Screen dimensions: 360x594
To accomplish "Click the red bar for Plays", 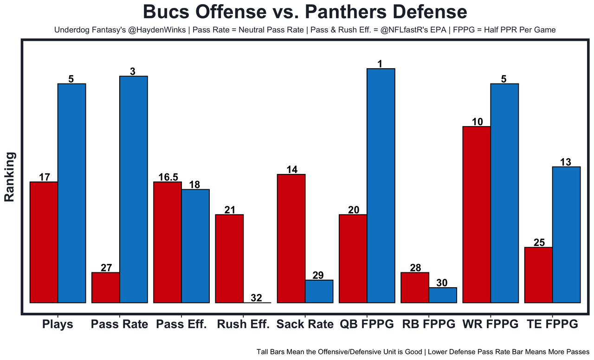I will coord(44,242).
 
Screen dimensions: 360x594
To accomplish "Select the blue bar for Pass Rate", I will coord(134,189).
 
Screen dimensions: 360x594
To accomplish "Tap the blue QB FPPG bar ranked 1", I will coord(381,186).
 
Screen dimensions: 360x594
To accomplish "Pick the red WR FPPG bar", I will coord(477,214).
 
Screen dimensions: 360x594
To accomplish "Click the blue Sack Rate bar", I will coord(319,291).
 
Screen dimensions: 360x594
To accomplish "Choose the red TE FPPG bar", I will coord(538,275).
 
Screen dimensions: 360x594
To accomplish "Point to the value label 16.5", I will coord(168,177).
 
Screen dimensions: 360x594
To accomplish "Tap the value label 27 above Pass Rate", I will coord(106,268).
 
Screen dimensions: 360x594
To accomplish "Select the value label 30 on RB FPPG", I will coord(443,283).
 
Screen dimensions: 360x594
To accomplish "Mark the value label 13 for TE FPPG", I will coord(566,162).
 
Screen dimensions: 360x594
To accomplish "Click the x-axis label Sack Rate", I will coord(305,324).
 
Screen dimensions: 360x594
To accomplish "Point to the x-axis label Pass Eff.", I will coord(181,324).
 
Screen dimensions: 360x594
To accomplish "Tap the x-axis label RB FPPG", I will coord(429,324).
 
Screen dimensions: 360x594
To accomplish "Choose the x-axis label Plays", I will coord(58,324).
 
